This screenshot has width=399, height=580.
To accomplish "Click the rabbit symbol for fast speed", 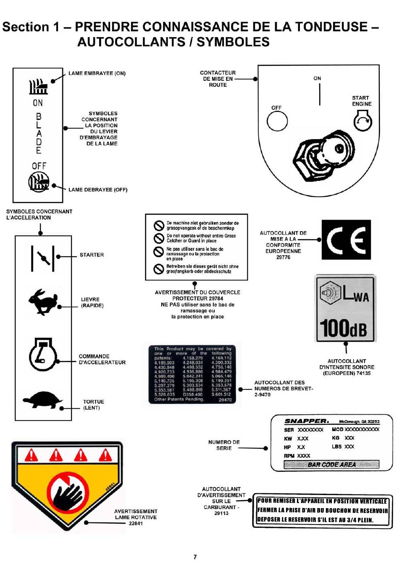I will (43, 302).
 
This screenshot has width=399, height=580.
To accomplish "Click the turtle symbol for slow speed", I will (42, 400).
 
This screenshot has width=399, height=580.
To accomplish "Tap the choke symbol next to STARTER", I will (43, 257).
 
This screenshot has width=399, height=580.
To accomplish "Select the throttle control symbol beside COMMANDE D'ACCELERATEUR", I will (42, 355).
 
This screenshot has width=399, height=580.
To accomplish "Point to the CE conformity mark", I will (346, 240).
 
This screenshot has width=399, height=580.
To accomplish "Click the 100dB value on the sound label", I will (344, 328).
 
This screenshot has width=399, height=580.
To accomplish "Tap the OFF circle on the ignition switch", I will (277, 122).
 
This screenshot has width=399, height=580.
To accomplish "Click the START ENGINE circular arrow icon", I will (362, 122).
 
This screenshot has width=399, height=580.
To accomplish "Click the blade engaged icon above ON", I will (38, 87).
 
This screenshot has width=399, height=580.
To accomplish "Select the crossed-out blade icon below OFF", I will (39, 182).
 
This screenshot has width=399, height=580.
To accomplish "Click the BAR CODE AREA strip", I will (331, 464).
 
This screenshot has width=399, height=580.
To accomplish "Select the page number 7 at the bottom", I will (195, 557).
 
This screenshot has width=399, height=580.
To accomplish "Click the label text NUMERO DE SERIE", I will (224, 445).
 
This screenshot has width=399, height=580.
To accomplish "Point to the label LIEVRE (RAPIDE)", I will (92, 302).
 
